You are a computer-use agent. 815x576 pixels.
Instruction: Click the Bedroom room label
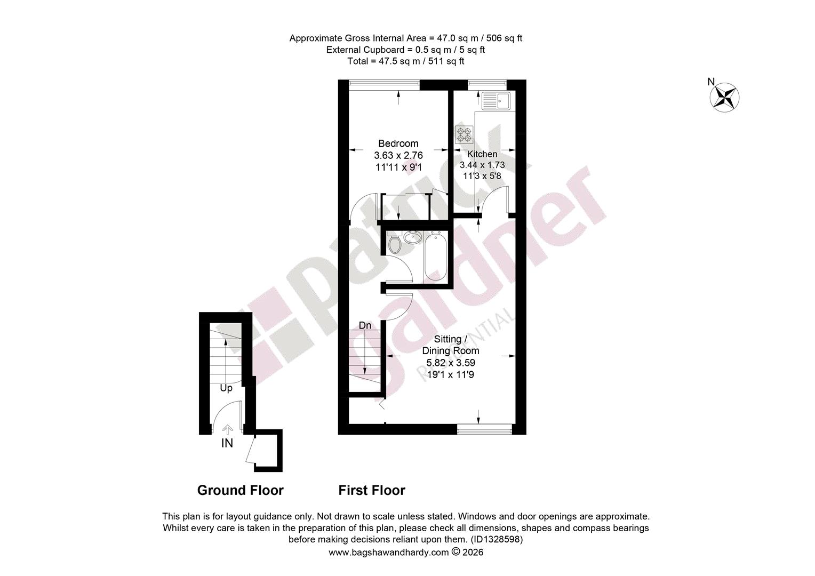click(x=398, y=143)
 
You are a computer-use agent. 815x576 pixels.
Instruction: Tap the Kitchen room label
click(x=482, y=154)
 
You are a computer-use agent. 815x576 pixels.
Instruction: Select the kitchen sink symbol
click(x=496, y=101)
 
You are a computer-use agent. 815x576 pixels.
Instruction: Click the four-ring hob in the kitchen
click(x=464, y=134)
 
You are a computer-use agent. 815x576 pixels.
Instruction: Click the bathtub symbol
click(x=436, y=257)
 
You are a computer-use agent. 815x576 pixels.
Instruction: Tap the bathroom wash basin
click(x=413, y=237)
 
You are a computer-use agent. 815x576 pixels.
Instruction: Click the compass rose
click(x=724, y=98)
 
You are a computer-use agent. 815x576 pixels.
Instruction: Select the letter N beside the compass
click(x=711, y=82)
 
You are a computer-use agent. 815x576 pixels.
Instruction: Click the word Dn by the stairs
click(x=365, y=325)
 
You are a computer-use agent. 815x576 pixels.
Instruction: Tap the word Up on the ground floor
click(x=226, y=388)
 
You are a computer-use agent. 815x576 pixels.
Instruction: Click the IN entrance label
click(x=227, y=443)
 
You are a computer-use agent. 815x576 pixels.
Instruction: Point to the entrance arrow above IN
click(x=227, y=430)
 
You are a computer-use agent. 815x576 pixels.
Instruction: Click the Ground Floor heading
click(x=240, y=490)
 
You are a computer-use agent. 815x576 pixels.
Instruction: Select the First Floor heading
click(x=372, y=490)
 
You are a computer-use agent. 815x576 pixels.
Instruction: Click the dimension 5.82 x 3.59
click(x=451, y=363)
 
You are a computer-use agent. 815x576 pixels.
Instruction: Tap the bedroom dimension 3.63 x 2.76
click(x=398, y=155)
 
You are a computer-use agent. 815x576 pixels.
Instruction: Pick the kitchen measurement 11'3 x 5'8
click(x=482, y=176)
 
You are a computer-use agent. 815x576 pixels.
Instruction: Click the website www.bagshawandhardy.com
click(x=389, y=553)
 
